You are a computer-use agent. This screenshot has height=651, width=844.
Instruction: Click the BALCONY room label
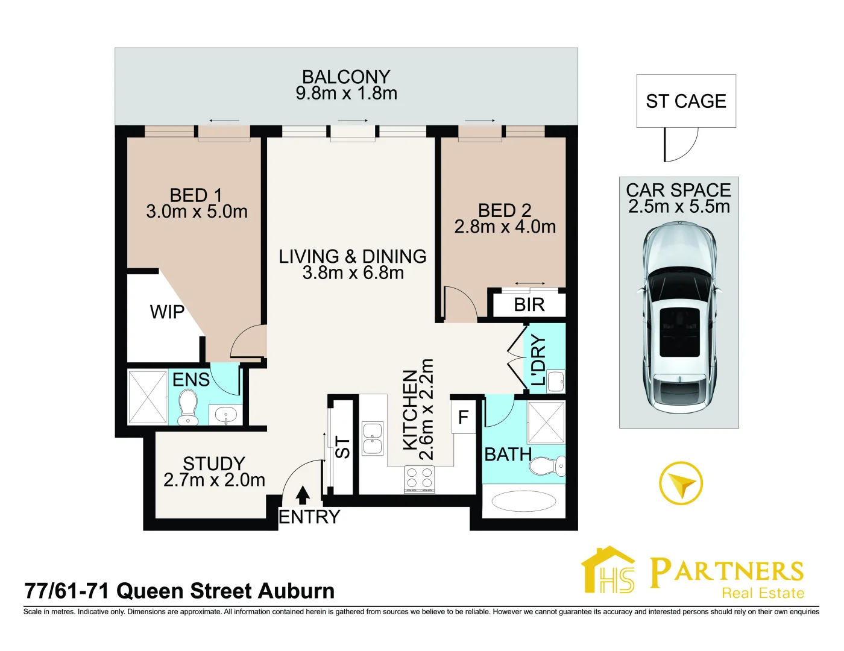pos(346,77)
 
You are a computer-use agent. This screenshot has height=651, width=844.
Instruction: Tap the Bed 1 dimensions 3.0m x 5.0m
pos(197,212)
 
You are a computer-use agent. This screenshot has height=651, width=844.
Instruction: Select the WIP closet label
pos(167,312)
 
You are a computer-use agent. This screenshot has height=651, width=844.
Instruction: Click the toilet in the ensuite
pos(187,407)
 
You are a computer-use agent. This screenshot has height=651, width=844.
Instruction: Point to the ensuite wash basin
pos(226,415)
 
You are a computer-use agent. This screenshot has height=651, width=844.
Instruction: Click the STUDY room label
pos(214,464)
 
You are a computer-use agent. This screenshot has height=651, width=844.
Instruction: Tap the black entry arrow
pos(303,495)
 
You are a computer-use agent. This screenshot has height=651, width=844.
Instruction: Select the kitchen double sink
pos(372,438)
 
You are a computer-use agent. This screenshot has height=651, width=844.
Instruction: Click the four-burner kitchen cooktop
pos(419,479)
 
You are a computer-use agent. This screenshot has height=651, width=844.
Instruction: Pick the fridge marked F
pos(463,417)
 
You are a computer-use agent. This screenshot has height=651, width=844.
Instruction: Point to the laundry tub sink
pos(555,381)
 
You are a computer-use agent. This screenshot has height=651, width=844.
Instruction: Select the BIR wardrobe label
pos(529,305)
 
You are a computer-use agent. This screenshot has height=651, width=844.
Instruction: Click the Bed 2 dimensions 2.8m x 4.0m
pos(505,227)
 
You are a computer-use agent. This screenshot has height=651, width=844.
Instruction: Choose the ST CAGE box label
pos(686,101)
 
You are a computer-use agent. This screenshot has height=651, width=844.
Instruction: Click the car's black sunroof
pos(679,332)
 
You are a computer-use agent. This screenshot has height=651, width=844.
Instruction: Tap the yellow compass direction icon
pos(681,483)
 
